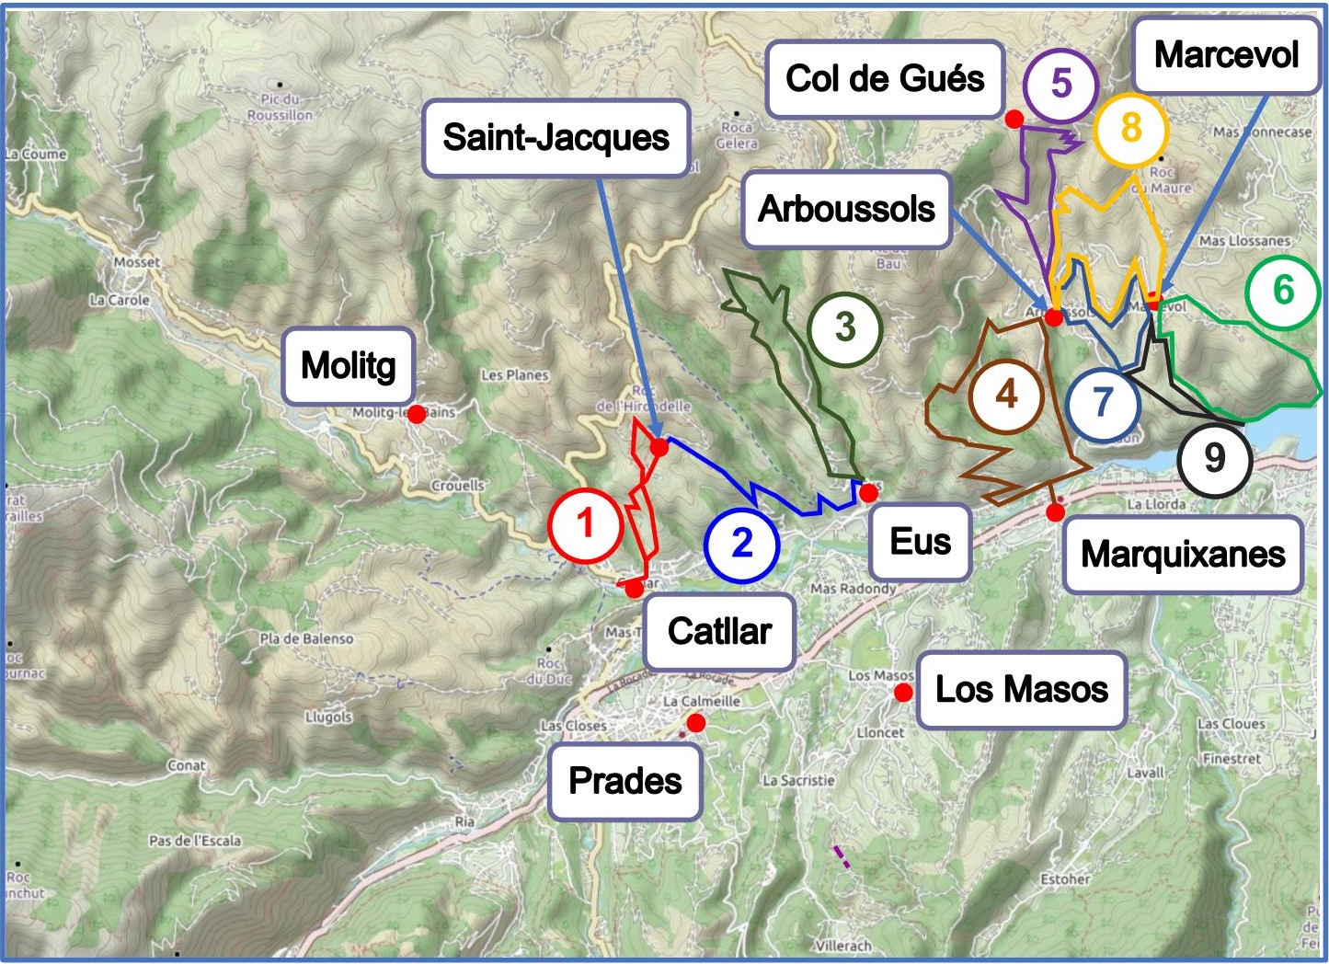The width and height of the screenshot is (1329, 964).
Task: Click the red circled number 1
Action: pyautogui.click(x=586, y=525)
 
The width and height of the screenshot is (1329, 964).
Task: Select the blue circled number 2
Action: pyautogui.click(x=741, y=544)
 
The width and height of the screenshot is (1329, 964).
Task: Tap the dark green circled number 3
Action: pyautogui.click(x=845, y=327)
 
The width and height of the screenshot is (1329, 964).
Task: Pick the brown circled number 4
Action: pyautogui.click(x=1007, y=396)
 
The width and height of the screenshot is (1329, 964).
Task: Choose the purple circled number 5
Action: pyautogui.click(x=1061, y=84)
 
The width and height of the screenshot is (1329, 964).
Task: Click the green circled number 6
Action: pyautogui.click(x=1283, y=292)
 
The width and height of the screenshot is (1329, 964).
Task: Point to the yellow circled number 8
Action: pyautogui.click(x=1130, y=128)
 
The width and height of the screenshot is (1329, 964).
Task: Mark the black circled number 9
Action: pyautogui.click(x=1214, y=458)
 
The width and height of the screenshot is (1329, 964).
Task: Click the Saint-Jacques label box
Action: pyautogui.click(x=556, y=138)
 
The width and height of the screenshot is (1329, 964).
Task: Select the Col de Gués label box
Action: pyautogui.click(x=885, y=79)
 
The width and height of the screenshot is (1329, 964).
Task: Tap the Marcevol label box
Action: pyautogui.click(x=1226, y=55)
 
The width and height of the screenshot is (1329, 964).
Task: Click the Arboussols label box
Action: pyautogui.click(x=846, y=210)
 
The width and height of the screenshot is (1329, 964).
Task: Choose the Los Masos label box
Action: pyautogui.click(x=1021, y=690)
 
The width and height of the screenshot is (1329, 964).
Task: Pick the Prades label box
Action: pyautogui.click(x=625, y=781)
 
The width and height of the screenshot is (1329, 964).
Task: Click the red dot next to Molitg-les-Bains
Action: pyautogui.click(x=417, y=415)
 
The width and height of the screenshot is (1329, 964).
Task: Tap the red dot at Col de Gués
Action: pyautogui.click(x=1014, y=119)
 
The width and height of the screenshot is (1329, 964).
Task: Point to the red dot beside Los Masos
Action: pyautogui.click(x=904, y=692)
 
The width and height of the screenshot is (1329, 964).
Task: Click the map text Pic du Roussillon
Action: pyautogui.click(x=280, y=107)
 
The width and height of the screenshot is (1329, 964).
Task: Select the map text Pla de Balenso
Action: pyautogui.click(x=306, y=638)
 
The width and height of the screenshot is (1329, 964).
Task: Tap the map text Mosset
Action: pyautogui.click(x=137, y=262)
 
